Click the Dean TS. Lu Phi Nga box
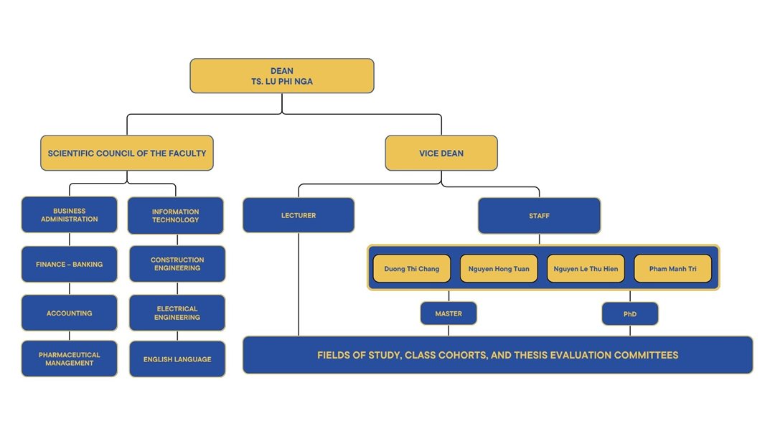coord(282,76)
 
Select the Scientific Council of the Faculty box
coord(127,153)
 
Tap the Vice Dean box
coord(441,153)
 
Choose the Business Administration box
coord(70,215)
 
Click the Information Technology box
coord(176,216)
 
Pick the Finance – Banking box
coord(70,265)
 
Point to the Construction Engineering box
coord(177,264)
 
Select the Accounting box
coord(70,313)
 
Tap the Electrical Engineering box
coord(177,313)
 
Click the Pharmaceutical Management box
coord(70,359)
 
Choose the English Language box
coord(177,359)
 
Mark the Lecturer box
coord(299,215)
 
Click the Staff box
coord(539,216)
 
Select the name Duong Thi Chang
coord(412,269)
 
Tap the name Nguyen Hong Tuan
coord(499,269)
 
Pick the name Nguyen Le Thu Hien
coord(586,269)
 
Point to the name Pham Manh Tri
coord(672,269)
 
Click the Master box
coord(448,314)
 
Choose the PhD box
coord(630,314)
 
